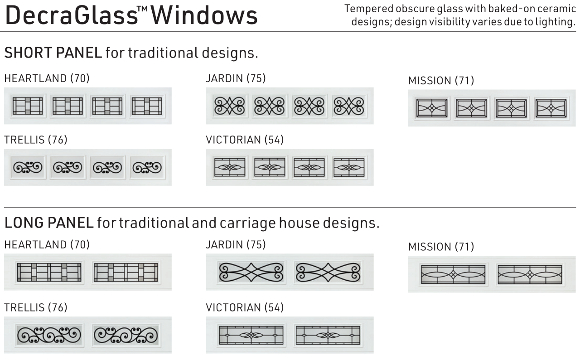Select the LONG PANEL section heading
coord(49,223)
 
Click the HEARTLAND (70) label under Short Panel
coord(47,78)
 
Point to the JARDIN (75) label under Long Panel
coord(236,245)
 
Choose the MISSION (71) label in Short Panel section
coord(441,81)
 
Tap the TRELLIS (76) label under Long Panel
coord(36,307)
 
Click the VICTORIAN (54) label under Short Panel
coord(245,140)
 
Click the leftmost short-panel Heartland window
coord(28,106)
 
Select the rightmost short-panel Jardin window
coord(349,106)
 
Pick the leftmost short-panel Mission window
coord(432,108)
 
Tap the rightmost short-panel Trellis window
coord(147,168)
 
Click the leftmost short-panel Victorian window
coord(229,167)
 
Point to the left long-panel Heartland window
coord(49,272)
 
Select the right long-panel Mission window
coord(530,274)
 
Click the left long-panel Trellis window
coord(49,335)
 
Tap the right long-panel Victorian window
coord(328,335)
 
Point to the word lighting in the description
coord(555,22)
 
